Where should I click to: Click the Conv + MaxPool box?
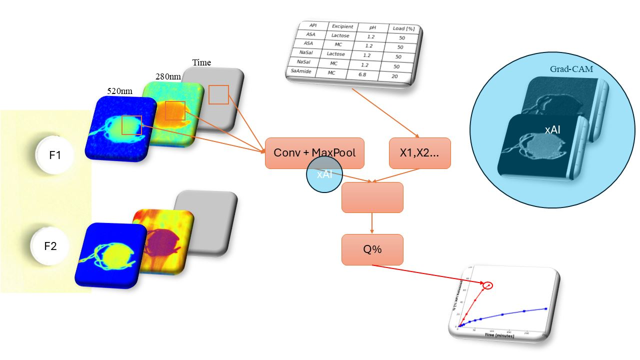[x=314, y=152]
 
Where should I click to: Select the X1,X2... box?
[x=419, y=153]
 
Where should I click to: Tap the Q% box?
[x=372, y=249]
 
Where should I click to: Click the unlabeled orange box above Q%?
[x=372, y=197]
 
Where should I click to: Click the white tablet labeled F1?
[x=55, y=155]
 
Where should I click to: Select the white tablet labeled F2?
[x=50, y=246]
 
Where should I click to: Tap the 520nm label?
[x=119, y=91]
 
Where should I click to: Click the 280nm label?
[x=168, y=77]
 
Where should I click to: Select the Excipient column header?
[x=342, y=26]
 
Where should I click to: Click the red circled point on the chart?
[x=488, y=285]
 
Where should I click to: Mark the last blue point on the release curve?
[x=545, y=308]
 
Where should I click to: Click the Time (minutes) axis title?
[x=499, y=335]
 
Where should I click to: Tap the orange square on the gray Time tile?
[x=218, y=94]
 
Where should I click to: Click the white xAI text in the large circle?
[x=551, y=129]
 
